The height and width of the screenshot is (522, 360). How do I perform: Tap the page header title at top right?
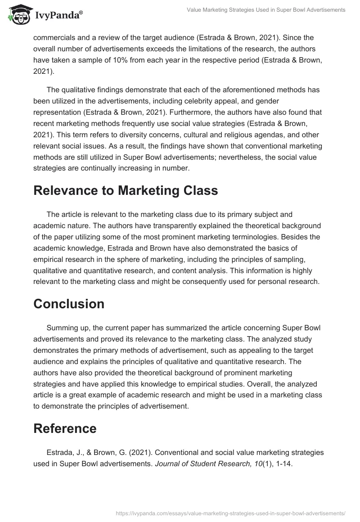pos(266,10)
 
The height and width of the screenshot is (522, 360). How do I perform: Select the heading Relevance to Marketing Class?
pos(126,190)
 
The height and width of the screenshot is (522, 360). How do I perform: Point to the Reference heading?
pos(65,428)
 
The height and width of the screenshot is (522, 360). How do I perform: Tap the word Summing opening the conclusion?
pos(62,328)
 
